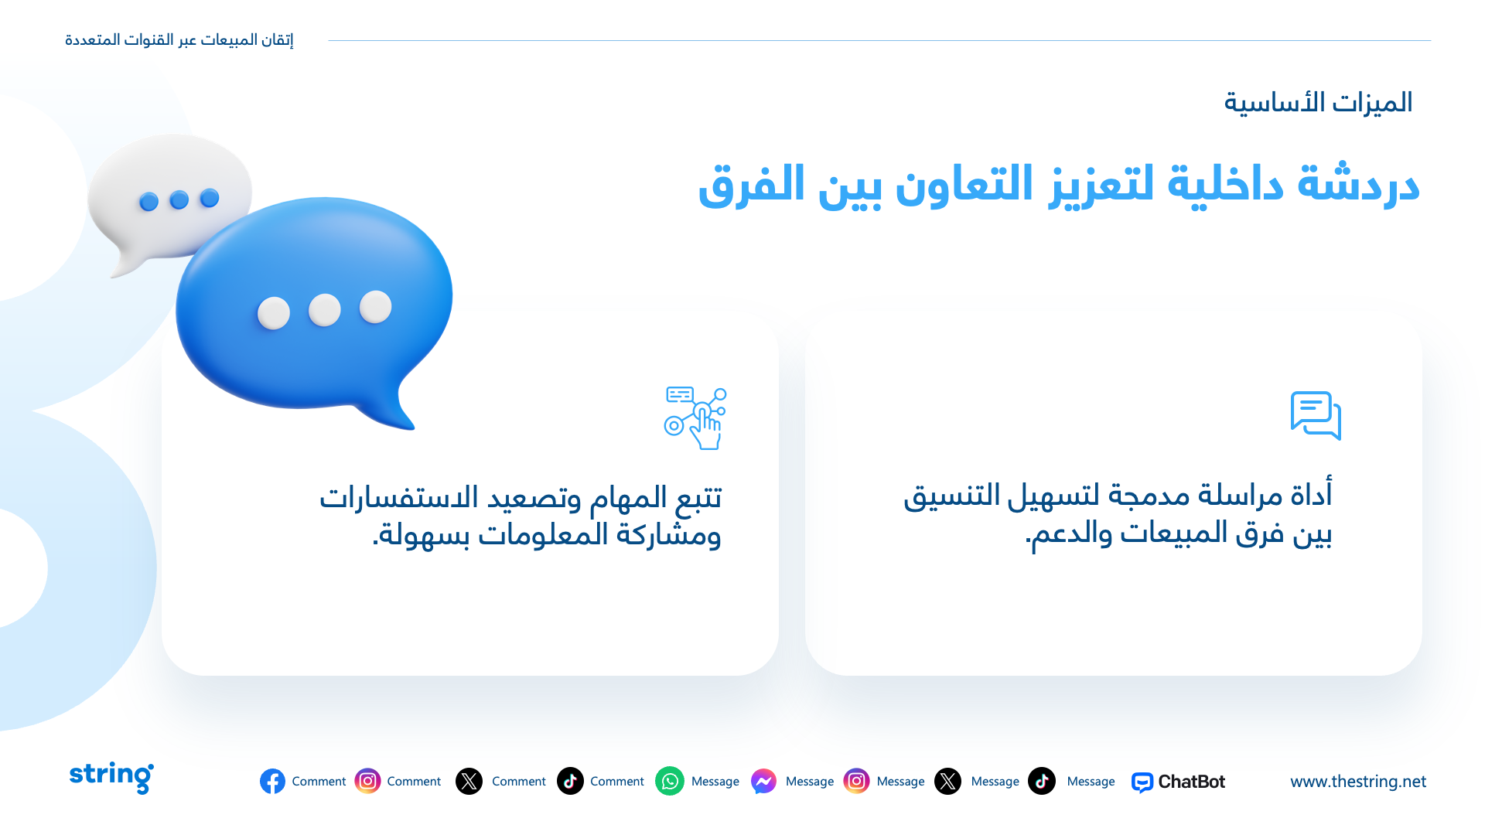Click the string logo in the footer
(x=111, y=777)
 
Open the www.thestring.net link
(x=1358, y=782)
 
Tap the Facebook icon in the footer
(x=272, y=782)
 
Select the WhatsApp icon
(x=670, y=782)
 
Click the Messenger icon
(x=763, y=782)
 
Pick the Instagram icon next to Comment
(x=367, y=782)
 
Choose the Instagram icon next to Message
(x=856, y=782)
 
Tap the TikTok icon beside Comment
(x=570, y=782)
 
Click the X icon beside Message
(x=947, y=782)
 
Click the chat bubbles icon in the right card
(x=1316, y=416)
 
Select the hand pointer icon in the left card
(x=695, y=418)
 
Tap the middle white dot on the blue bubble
(x=324, y=310)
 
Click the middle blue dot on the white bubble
(x=179, y=200)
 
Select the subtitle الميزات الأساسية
(x=1318, y=103)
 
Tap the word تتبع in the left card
(x=698, y=497)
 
